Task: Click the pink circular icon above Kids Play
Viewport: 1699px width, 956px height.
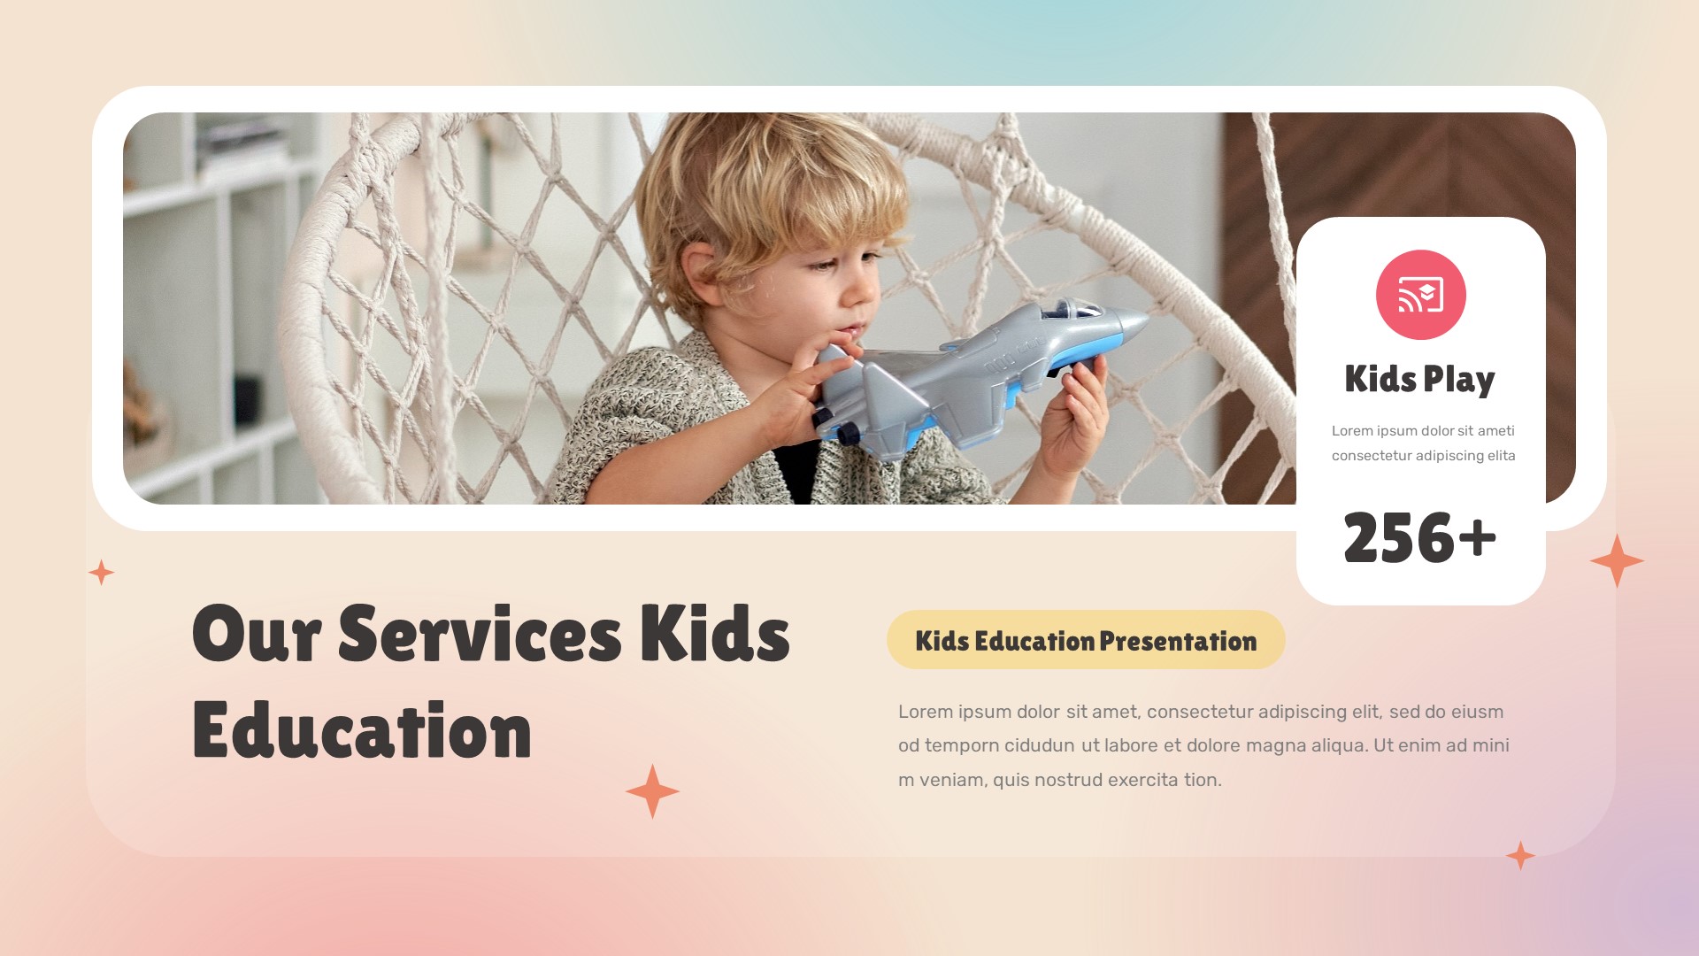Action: click(x=1420, y=295)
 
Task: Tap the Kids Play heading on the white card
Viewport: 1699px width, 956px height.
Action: click(x=1419, y=379)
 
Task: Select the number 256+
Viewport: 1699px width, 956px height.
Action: click(x=1419, y=537)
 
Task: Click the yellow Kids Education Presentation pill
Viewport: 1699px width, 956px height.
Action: click(x=1086, y=640)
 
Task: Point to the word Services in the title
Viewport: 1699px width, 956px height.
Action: click(x=480, y=634)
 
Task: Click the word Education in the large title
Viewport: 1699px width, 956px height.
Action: click(x=361, y=731)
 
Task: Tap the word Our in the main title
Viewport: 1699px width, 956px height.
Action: click(x=256, y=634)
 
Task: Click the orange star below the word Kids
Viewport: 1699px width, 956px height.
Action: click(x=652, y=791)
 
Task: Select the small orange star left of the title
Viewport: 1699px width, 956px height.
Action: click(x=102, y=573)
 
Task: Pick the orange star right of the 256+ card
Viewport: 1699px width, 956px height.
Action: click(x=1617, y=560)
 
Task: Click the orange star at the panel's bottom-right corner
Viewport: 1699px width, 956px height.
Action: click(x=1520, y=856)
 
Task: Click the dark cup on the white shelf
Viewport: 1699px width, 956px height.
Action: click(x=247, y=400)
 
